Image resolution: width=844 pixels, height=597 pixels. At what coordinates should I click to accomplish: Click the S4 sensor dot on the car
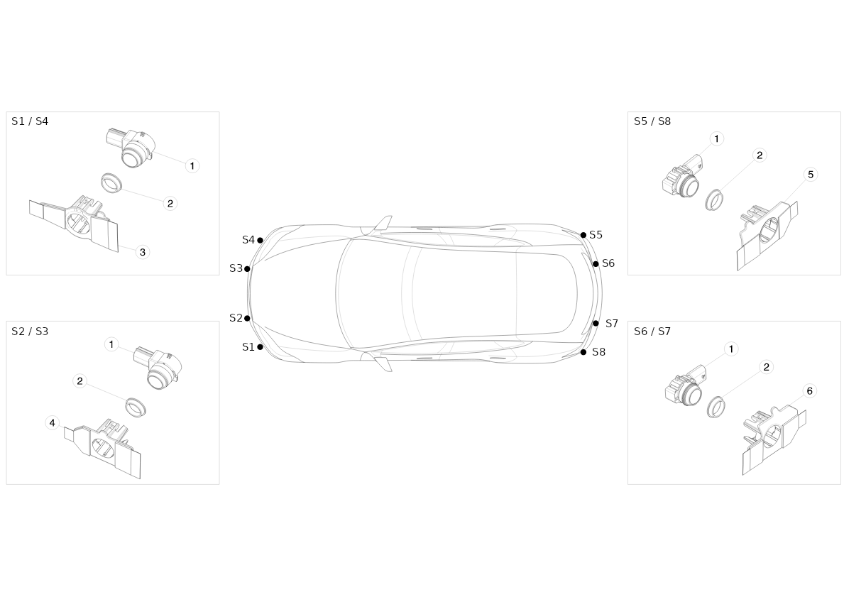click(260, 240)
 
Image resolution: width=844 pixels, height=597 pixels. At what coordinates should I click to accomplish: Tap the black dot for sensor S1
click(260, 347)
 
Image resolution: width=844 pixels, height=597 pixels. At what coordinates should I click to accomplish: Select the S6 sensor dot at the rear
click(596, 264)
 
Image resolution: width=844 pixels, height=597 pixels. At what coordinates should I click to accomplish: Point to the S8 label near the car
click(598, 352)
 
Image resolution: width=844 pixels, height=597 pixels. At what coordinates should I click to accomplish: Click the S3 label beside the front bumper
click(236, 268)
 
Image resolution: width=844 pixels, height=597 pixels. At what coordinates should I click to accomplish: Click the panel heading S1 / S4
click(30, 121)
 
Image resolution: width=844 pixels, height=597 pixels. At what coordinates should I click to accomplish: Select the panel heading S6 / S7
click(652, 332)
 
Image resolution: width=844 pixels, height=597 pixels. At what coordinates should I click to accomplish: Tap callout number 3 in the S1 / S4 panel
click(143, 252)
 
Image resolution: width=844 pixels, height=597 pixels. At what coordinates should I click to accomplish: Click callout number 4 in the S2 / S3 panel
click(53, 423)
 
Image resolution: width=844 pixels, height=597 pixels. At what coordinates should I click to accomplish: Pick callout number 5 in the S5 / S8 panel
click(811, 175)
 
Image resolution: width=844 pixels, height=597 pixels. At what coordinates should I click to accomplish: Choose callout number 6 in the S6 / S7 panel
click(810, 391)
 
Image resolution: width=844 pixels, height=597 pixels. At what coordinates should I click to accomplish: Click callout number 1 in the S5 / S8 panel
click(716, 139)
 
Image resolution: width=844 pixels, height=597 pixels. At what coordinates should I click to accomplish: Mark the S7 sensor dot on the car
click(596, 324)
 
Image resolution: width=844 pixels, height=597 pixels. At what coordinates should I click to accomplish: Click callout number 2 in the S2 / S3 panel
click(80, 382)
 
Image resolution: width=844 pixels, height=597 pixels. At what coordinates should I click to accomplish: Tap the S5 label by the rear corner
click(596, 235)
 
